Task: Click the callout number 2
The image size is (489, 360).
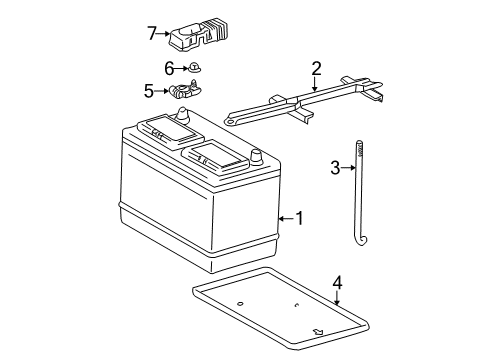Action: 316,69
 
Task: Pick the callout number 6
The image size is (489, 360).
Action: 170,68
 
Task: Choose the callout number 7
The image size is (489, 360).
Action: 152,33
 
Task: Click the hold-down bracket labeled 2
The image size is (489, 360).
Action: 300,100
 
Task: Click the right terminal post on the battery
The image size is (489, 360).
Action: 256,156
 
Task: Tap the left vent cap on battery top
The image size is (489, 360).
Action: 158,128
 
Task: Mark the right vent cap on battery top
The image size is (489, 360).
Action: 215,154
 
